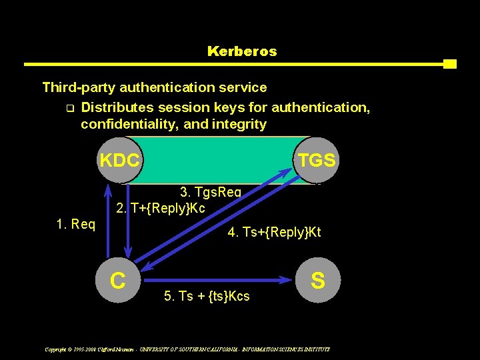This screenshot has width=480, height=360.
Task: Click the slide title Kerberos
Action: pyautogui.click(x=242, y=51)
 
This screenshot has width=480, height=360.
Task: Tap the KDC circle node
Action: pyautogui.click(x=120, y=160)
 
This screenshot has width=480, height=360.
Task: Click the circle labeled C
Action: pyautogui.click(x=119, y=280)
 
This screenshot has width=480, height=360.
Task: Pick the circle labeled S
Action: pyautogui.click(x=318, y=280)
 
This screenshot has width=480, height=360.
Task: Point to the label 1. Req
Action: pyautogui.click(x=76, y=224)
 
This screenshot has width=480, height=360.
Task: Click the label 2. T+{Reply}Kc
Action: pyautogui.click(x=161, y=208)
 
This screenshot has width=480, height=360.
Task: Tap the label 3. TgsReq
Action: pyautogui.click(x=211, y=193)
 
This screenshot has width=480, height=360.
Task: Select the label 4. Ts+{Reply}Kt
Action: pyautogui.click(x=274, y=233)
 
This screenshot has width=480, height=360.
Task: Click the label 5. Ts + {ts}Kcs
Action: pyautogui.click(x=207, y=296)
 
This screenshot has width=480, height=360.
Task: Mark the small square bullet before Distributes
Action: pyautogui.click(x=70, y=107)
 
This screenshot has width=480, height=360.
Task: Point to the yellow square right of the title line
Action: pyautogui.click(x=450, y=64)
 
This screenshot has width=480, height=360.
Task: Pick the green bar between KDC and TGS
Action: pyautogui.click(x=219, y=160)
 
